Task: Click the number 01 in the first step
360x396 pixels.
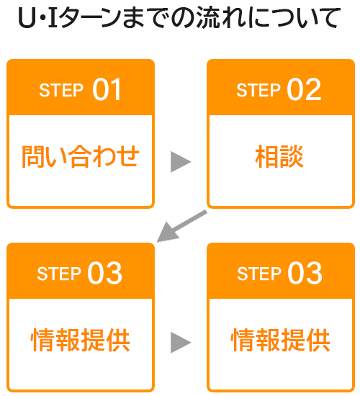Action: coord(107,89)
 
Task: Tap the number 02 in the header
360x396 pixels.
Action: coord(304,89)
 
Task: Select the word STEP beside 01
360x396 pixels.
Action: coord(61,90)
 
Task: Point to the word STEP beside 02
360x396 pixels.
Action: coord(258,90)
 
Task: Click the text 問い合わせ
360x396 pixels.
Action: coord(81,156)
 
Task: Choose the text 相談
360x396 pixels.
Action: coord(279,156)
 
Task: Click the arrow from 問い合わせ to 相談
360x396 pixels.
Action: coord(181,162)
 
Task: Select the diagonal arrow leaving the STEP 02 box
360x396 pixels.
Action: coord(181,226)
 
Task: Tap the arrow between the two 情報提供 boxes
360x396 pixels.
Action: coord(181,343)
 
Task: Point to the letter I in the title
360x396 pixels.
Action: coord(53,18)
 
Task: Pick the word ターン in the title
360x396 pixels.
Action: coord(90,18)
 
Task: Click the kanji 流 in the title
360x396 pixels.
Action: coord(207,17)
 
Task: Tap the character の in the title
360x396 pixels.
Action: coord(182,18)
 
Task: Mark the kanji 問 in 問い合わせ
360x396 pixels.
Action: coord(33,156)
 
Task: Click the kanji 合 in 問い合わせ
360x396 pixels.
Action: coord(80,156)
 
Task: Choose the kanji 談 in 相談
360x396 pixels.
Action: coord(292,156)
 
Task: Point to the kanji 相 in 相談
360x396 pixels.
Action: coord(267,156)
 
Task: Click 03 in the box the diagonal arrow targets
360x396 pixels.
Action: coord(104,273)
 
